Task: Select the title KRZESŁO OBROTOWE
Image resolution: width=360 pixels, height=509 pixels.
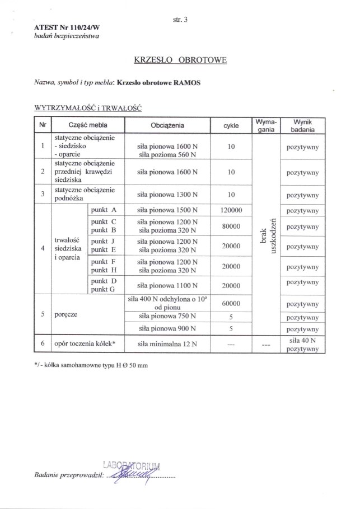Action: pyautogui.click(x=180, y=59)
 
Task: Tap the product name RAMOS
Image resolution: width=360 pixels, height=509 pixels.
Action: pyautogui.click(x=188, y=82)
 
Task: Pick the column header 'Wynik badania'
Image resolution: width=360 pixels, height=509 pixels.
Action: pyautogui.click(x=302, y=125)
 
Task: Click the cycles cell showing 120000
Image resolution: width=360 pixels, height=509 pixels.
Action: pyautogui.click(x=231, y=211)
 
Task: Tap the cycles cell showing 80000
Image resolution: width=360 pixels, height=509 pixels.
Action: pyautogui.click(x=231, y=227)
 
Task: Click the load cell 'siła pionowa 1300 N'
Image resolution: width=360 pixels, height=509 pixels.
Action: pyautogui.click(x=167, y=195)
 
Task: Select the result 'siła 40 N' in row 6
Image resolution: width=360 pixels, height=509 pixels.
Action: pyautogui.click(x=302, y=340)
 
